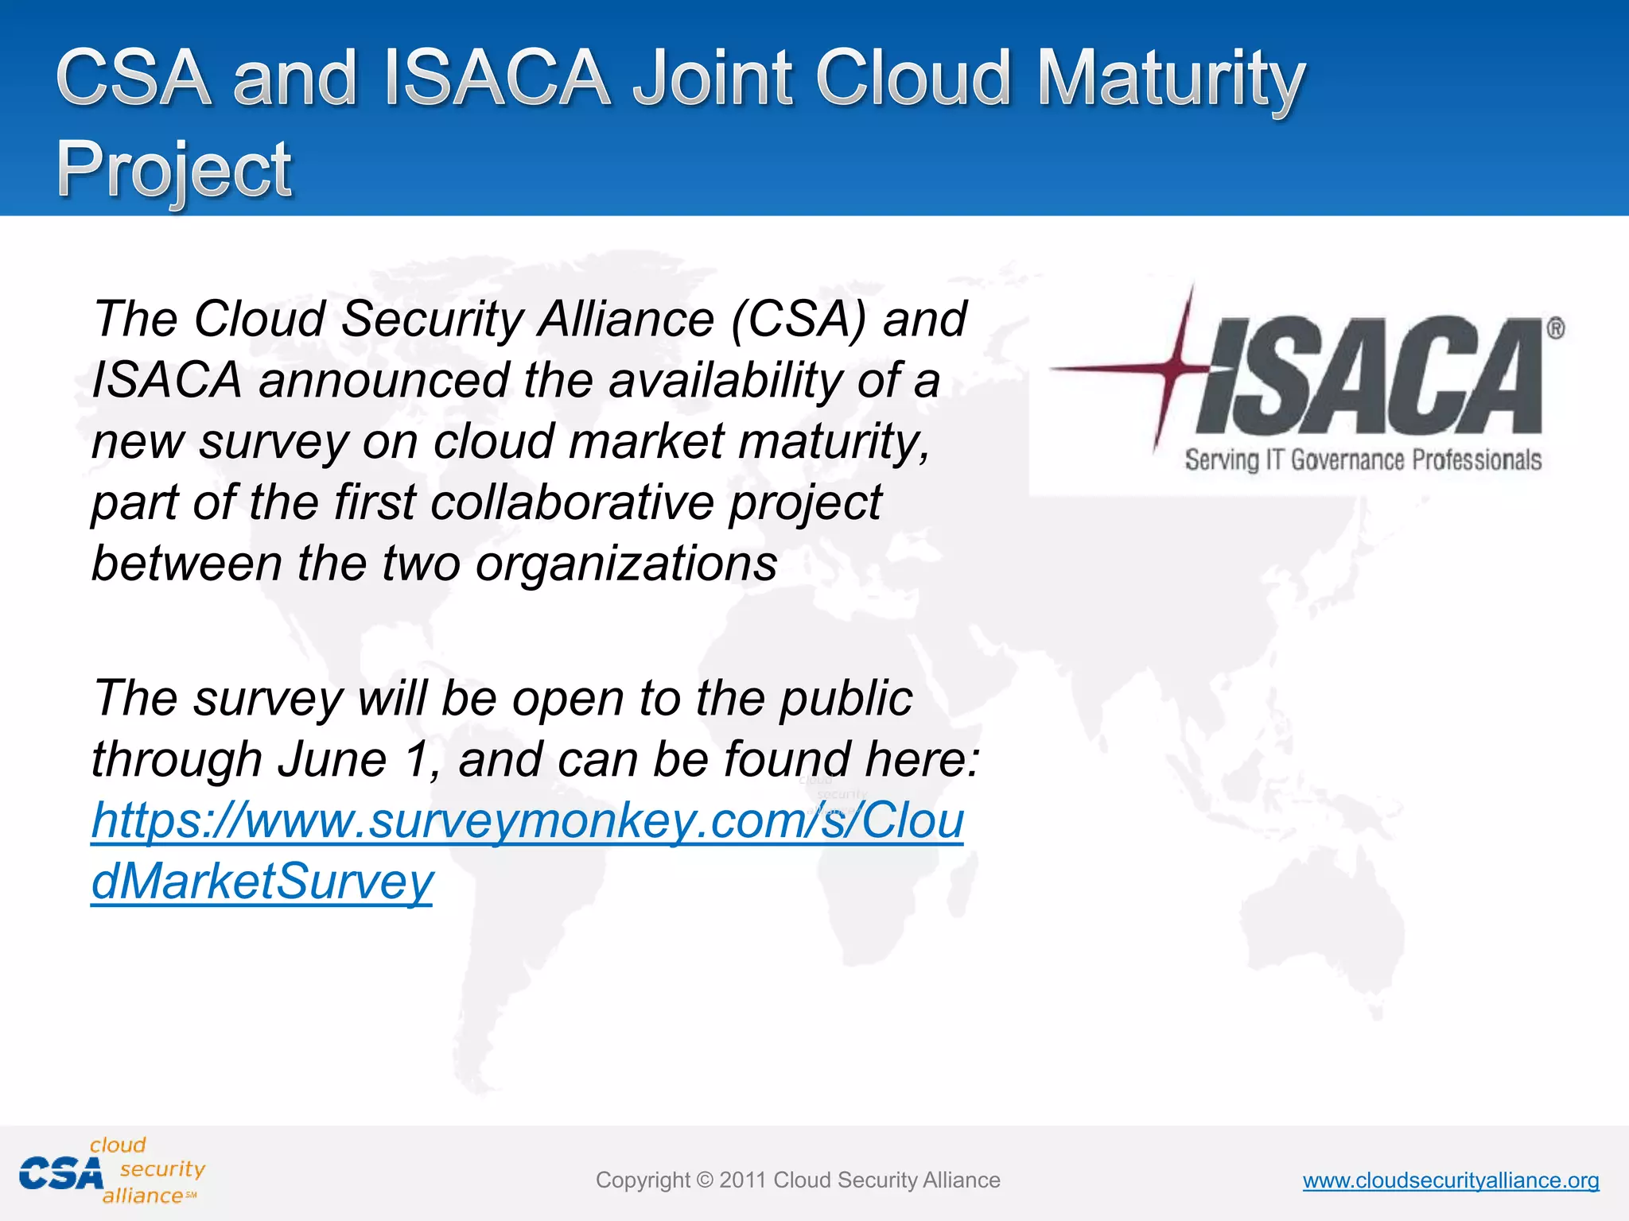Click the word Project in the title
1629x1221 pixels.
tap(174, 169)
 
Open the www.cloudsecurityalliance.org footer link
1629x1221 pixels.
tap(1450, 1180)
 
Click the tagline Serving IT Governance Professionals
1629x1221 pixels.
tap(1363, 460)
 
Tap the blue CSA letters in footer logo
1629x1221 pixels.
tap(61, 1174)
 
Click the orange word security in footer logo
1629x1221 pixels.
tap(162, 1169)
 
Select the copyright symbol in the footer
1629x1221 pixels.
tap(705, 1180)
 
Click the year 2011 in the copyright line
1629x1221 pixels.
tap(743, 1180)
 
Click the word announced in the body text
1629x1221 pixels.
tap(383, 381)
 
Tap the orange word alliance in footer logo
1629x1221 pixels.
tap(142, 1196)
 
